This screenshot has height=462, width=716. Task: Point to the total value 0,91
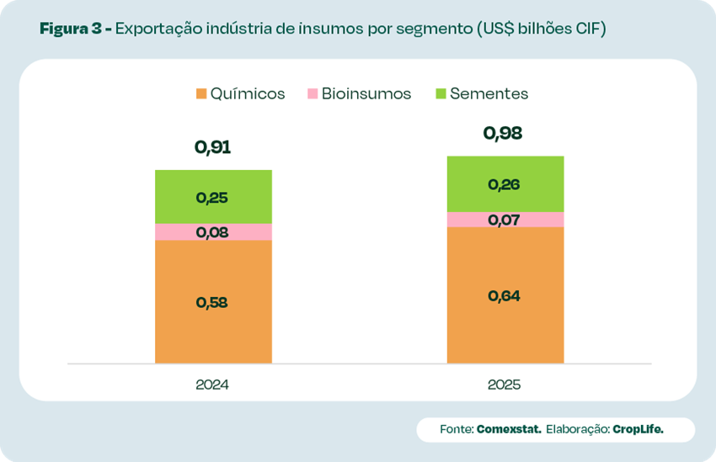(x=212, y=147)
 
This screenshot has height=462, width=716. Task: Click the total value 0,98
(x=504, y=133)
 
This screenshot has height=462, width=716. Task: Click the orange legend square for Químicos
(x=200, y=93)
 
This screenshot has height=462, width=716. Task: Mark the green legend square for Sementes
(x=440, y=93)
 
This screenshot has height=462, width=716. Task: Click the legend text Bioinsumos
(x=366, y=93)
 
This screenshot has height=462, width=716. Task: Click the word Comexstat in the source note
(x=508, y=429)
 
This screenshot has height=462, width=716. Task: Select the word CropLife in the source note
(x=638, y=429)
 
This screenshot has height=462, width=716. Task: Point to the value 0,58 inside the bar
(x=212, y=303)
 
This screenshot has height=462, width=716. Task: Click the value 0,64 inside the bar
(x=504, y=295)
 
